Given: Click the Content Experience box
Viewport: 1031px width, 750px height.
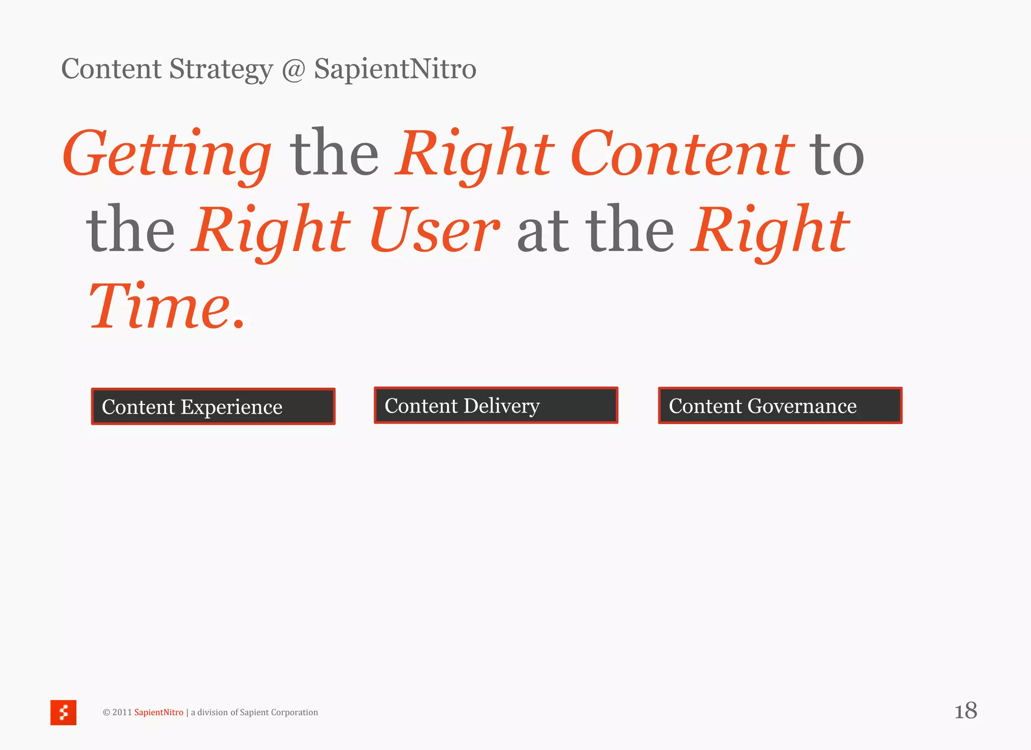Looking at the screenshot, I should [213, 406].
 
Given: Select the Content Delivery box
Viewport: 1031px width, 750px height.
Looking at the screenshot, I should [496, 405].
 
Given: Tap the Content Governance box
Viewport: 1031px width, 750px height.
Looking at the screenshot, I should [780, 405].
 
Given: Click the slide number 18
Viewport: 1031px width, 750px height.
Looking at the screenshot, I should [966, 711].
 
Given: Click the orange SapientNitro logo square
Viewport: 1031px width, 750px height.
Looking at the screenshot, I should [63, 712].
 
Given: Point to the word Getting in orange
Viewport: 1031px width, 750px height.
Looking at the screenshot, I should [167, 154].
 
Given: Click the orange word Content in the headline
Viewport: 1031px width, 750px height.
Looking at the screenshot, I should [682, 154].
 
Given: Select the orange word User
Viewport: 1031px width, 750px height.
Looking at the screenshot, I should [434, 230].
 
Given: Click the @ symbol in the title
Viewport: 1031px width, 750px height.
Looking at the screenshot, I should [293, 69].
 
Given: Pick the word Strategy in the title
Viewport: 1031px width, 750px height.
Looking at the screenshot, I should [221, 69].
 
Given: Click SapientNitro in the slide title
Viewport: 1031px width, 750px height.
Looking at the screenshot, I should [395, 69].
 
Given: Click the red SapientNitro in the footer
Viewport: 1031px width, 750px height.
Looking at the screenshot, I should [159, 712].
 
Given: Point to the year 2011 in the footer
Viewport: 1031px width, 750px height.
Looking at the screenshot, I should [122, 712].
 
